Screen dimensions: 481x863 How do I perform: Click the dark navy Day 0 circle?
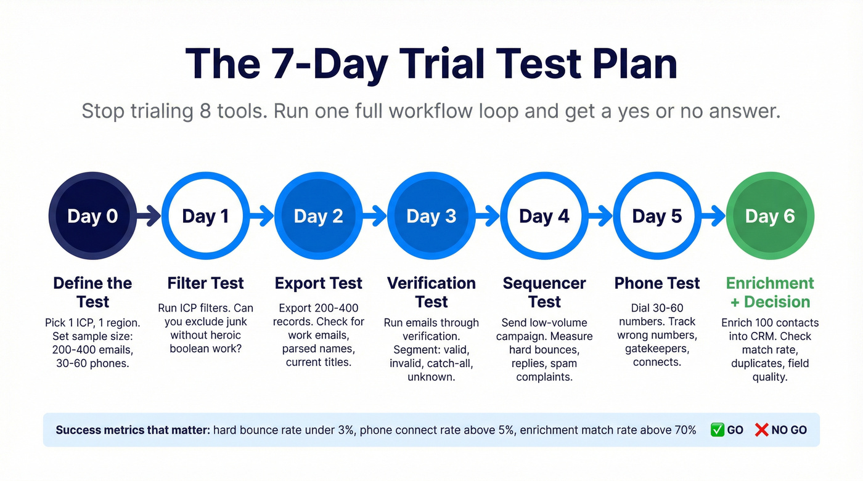[92, 216]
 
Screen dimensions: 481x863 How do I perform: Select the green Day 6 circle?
[770, 216]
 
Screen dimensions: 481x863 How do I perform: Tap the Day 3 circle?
[431, 216]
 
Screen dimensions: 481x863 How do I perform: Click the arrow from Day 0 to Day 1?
[148, 216]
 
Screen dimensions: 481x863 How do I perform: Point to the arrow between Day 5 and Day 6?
[713, 216]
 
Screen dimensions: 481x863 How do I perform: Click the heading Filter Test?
[205, 283]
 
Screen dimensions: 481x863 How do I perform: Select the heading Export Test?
[318, 283]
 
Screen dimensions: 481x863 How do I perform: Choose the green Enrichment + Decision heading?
[770, 293]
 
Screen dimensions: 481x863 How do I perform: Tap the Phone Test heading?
[657, 283]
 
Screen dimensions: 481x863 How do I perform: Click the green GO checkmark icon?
[716, 430]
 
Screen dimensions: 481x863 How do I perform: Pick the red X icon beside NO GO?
[761, 430]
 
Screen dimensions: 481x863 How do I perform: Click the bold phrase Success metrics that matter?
[133, 430]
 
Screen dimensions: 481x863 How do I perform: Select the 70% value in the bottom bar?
[684, 430]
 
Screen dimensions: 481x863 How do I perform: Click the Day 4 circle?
[544, 216]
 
